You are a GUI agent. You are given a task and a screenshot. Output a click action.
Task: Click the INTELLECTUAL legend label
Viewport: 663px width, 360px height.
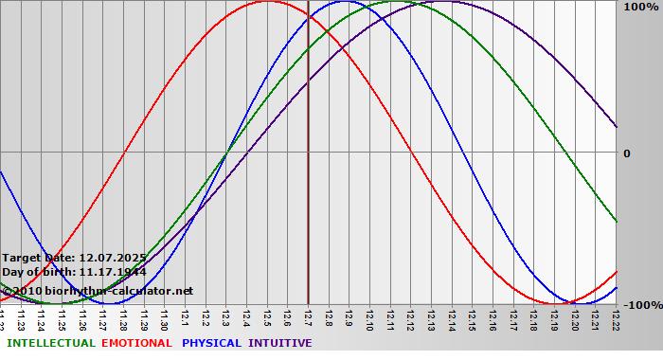click(x=50, y=343)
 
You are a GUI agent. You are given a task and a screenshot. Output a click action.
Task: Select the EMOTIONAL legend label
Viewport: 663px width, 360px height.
click(x=136, y=343)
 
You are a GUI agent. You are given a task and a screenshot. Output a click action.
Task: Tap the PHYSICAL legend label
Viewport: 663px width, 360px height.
click(x=213, y=343)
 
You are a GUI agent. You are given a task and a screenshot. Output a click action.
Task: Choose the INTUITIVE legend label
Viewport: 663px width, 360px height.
click(x=280, y=343)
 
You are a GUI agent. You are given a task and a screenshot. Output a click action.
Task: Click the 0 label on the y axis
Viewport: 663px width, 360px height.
click(x=626, y=153)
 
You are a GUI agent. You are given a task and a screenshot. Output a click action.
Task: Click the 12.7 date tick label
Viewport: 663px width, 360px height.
click(x=309, y=315)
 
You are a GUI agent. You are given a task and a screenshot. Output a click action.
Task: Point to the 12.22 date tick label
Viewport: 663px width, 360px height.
click(x=617, y=316)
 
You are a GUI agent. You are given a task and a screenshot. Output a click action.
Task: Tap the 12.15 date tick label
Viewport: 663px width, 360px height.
click(x=473, y=316)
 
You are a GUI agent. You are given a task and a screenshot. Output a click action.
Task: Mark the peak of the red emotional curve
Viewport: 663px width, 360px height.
click(x=267, y=2)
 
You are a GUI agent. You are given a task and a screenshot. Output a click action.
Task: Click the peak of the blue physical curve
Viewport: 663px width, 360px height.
click(x=343, y=2)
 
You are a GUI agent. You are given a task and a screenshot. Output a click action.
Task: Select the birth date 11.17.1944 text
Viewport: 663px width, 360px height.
click(x=74, y=272)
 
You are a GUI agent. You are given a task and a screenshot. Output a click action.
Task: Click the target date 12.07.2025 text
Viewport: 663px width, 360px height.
click(x=74, y=258)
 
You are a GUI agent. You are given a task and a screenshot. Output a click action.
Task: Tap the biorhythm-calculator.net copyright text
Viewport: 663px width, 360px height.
click(x=98, y=290)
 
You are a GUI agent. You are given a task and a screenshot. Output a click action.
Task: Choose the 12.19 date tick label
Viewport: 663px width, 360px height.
click(x=555, y=316)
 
